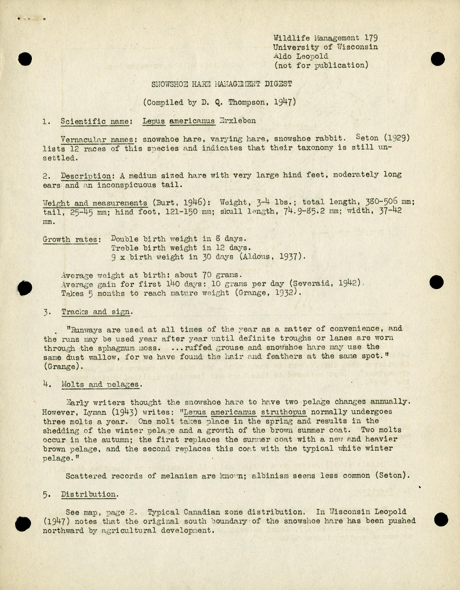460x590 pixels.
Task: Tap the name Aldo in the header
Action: [x=282, y=56]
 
